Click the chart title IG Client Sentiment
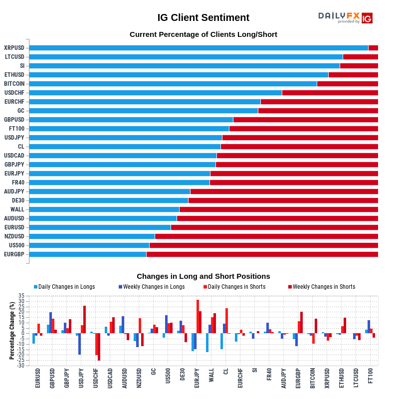pos(203,17)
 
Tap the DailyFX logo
pos(345,17)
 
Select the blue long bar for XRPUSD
pos(199,48)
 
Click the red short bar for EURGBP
pos(262,254)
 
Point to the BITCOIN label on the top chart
pos(14,84)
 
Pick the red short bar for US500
pos(263,245)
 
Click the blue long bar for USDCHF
pos(156,93)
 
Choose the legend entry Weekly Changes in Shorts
pos(324,287)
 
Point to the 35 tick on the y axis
pos(21,296)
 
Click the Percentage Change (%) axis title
pos(12,331)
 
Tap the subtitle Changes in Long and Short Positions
pos(203,276)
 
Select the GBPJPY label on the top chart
pos(14,165)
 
